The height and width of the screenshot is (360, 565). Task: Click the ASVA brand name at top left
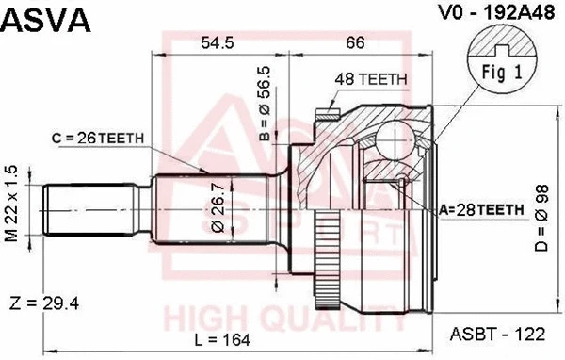point(45,21)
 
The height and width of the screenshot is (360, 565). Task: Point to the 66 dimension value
point(355,42)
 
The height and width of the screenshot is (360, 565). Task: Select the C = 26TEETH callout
point(98,138)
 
